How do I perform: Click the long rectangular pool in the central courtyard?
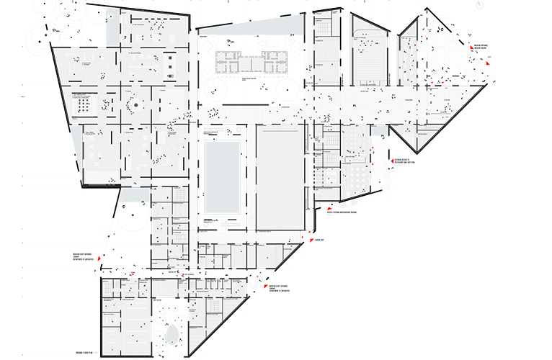(x=221, y=176)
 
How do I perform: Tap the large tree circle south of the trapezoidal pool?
(x=282, y=91)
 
